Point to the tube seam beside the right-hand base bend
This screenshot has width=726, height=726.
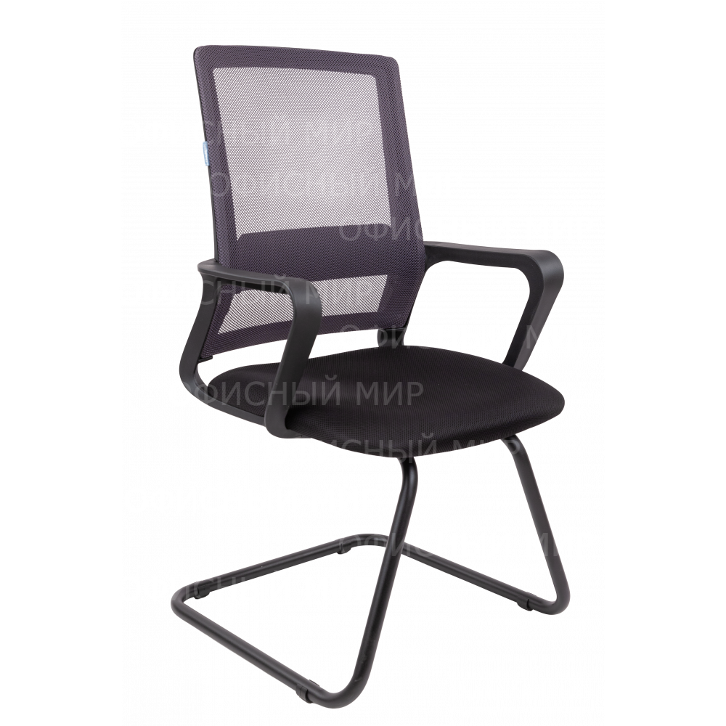[x=526, y=603]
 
